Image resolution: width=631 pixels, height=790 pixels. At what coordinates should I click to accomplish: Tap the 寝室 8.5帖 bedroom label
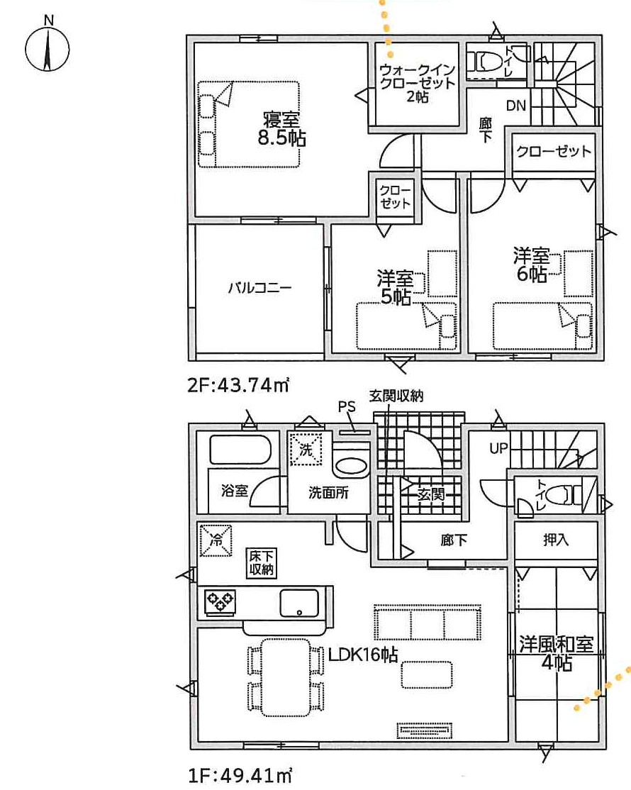click(281, 128)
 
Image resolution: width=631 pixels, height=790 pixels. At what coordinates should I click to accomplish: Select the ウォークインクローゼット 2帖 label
click(417, 83)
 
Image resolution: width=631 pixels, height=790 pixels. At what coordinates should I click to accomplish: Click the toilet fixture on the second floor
click(486, 62)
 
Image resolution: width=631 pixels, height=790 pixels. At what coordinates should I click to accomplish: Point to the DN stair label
click(515, 106)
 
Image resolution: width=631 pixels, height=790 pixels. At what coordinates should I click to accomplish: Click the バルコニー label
click(260, 288)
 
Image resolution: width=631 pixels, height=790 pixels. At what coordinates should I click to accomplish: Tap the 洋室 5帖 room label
click(396, 287)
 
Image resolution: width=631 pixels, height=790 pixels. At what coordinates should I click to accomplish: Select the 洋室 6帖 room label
click(531, 265)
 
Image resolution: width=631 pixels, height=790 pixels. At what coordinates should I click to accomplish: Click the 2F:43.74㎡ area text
click(238, 386)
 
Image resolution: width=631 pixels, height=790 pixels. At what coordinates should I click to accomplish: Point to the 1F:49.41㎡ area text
click(240, 776)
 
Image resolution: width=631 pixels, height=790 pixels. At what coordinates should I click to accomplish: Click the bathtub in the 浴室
click(240, 450)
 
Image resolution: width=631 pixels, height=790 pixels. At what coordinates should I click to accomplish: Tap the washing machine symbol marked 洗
click(306, 449)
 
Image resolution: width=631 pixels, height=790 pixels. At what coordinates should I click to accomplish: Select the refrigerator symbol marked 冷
click(216, 540)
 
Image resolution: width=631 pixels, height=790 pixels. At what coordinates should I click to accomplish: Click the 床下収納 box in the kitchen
click(262, 563)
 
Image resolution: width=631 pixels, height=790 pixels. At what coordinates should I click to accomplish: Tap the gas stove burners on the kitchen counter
click(220, 601)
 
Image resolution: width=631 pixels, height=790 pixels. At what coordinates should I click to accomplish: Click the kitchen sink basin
click(299, 603)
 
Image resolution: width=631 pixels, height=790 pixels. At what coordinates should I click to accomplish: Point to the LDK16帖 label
click(363, 655)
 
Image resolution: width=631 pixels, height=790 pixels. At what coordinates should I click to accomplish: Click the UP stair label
click(498, 448)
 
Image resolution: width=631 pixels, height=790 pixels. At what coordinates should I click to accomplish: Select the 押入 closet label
click(556, 540)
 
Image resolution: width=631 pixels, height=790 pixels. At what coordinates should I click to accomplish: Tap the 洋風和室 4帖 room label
click(557, 653)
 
